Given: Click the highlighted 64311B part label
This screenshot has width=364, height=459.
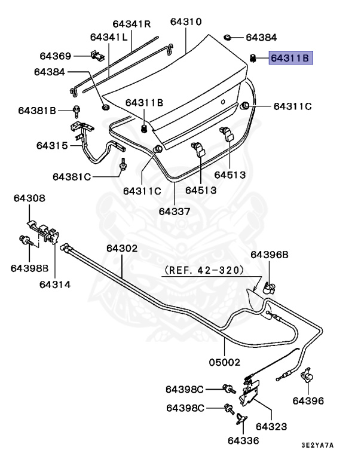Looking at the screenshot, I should coord(290,58).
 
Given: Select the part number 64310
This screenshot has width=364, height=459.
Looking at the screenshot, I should coord(185,22).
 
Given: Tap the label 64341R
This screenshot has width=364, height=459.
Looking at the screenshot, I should coord(131,24).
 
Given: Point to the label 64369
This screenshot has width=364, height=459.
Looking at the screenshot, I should coord(56,56).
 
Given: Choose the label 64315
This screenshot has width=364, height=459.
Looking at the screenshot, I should coord(52,145).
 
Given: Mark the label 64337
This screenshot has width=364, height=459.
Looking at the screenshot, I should coord(175,211).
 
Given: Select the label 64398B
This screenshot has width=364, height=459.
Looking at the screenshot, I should coord(29,268).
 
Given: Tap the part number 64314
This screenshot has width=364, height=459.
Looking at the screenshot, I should coord(55,284).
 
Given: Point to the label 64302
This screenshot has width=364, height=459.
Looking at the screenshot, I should coord(123,248).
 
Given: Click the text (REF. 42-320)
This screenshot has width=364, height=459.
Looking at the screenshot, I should coord(204,270).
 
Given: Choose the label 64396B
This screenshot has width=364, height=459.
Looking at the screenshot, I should coord(269,255).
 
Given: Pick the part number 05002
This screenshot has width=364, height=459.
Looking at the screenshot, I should coord(225,362).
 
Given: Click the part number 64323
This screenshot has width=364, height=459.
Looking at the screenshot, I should coord(271,427).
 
